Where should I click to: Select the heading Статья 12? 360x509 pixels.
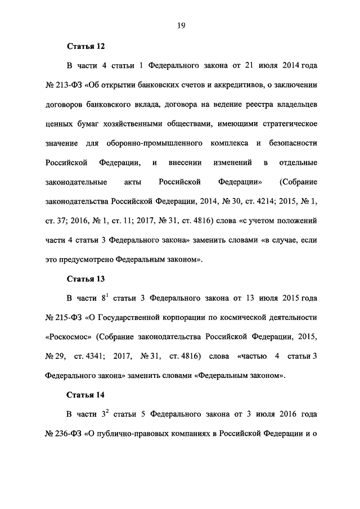click(86, 45)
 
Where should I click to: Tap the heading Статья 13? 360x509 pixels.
click(86, 278)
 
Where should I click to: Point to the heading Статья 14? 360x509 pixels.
click(86, 394)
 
